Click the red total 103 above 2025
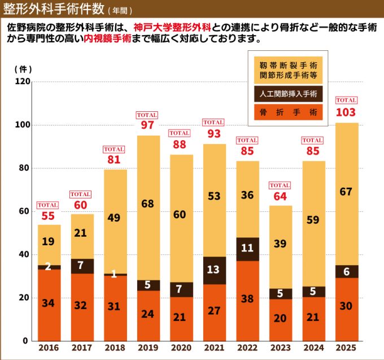(346, 112)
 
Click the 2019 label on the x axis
(149, 348)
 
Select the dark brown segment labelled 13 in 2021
(213, 270)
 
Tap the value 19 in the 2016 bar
(49, 241)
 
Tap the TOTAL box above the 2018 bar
(114, 149)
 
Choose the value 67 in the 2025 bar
(346, 192)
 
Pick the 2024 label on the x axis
(313, 348)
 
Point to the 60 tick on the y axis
(24, 211)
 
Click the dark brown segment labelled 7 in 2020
(180, 289)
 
